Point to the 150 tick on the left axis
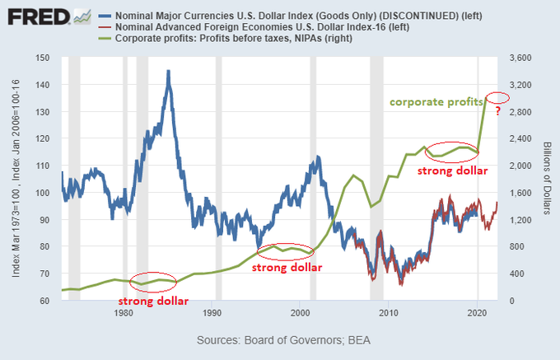tap(43, 58)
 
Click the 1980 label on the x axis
tap(124, 314)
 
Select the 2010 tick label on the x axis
tap(389, 314)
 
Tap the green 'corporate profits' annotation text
tap(435, 102)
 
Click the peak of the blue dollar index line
tap(168, 72)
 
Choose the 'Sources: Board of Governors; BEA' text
tap(280, 340)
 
